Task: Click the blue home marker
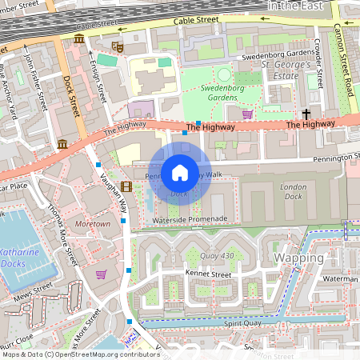180,172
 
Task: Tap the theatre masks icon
118,47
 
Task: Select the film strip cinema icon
126,187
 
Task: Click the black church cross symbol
306,115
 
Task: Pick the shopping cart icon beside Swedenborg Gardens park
247,114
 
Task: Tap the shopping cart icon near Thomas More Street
101,274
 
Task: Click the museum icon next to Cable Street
78,38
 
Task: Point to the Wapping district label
298,258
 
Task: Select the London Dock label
293,192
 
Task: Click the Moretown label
92,225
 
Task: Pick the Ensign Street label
98,80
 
